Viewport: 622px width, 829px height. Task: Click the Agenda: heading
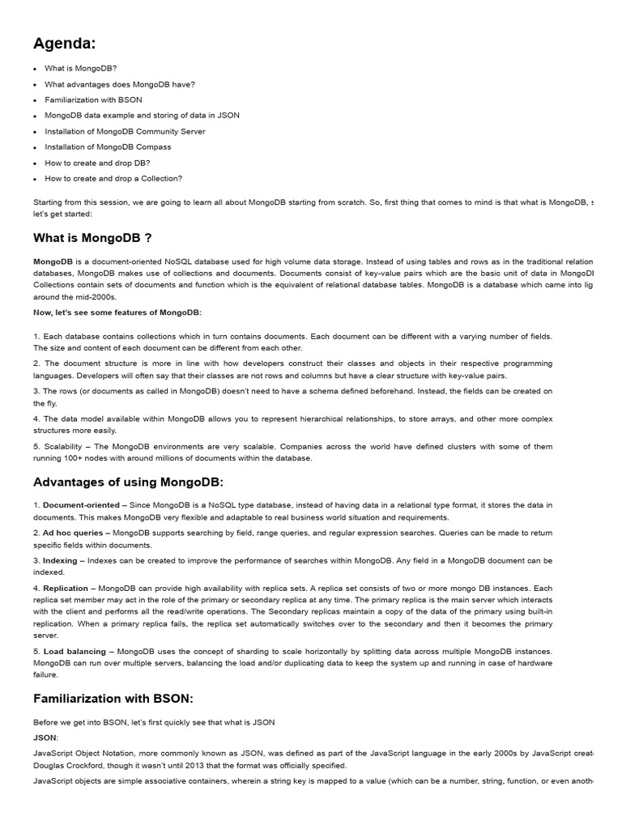tap(64, 43)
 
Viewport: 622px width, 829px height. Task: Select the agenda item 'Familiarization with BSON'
tap(93, 100)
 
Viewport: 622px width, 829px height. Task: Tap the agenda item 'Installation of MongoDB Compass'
tap(108, 147)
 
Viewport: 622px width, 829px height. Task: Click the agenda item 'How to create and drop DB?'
tap(97, 163)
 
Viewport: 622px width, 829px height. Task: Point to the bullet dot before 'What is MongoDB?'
tap(36, 69)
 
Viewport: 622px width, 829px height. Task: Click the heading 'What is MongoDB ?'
tap(92, 238)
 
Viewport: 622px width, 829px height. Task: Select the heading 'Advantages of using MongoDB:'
tap(128, 483)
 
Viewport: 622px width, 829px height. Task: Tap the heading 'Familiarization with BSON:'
tap(113, 698)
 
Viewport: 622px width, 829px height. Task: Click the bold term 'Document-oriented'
tap(80, 505)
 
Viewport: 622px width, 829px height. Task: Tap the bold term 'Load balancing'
tap(75, 651)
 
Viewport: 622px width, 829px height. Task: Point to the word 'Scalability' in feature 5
tap(64, 446)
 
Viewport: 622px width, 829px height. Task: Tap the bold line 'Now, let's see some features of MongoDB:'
tap(117, 312)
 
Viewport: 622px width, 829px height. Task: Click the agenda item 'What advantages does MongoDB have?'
tap(120, 84)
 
